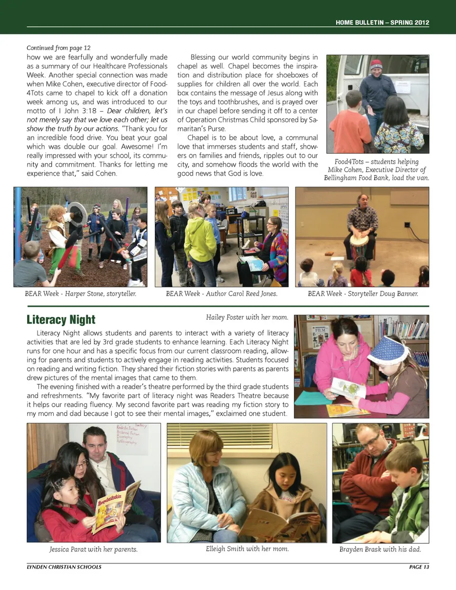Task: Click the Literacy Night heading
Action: tap(61, 319)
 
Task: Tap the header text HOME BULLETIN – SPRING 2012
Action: tap(382, 22)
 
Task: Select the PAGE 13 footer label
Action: tap(418, 567)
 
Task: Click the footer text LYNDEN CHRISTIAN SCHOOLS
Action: tap(64, 567)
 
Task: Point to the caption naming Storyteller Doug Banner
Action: tap(363, 294)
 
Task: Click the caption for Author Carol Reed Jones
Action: tap(221, 294)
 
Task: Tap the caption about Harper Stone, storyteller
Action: tap(80, 294)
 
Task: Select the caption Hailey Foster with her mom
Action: tap(247, 317)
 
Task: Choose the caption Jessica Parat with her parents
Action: tap(94, 549)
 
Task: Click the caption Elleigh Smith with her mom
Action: tap(247, 549)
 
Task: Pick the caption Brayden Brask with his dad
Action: tap(380, 549)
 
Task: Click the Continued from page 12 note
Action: tap(58, 48)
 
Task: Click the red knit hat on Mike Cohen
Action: tap(376, 65)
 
